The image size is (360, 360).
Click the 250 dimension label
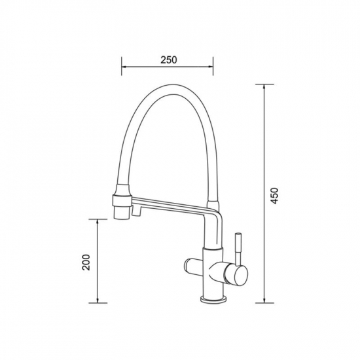coord(169,60)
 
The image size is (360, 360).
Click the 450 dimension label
coord(274,196)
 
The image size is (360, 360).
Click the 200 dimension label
coord(86,262)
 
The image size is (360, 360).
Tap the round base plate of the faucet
coord(213,299)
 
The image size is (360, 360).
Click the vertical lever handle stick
coord(238,250)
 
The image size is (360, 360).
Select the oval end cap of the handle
coord(240,276)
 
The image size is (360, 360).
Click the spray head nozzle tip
coord(121,213)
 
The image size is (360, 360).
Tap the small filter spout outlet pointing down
coord(136,211)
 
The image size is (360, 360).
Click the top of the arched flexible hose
coord(173,88)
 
